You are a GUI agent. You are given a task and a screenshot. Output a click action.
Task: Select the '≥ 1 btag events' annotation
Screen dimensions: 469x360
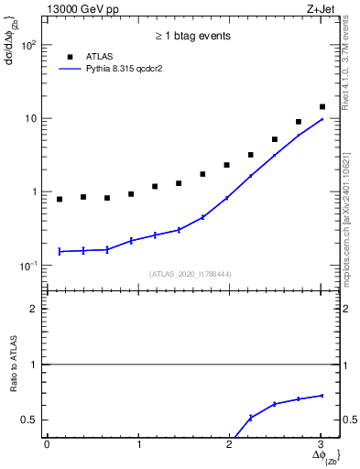192,37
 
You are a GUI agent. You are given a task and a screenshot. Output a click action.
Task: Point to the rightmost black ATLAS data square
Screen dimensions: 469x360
322,107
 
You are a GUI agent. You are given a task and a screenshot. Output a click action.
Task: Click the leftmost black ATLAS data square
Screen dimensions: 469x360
60,199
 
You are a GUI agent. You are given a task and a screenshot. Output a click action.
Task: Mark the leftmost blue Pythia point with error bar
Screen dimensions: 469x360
60,251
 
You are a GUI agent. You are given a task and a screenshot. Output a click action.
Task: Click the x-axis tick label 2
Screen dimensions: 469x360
230,444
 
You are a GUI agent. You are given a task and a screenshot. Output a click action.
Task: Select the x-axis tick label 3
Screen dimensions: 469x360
321,444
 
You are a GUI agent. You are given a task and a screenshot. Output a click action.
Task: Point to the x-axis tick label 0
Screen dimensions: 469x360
47,444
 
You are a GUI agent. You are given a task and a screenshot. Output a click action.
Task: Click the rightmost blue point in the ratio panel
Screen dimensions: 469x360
322,396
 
